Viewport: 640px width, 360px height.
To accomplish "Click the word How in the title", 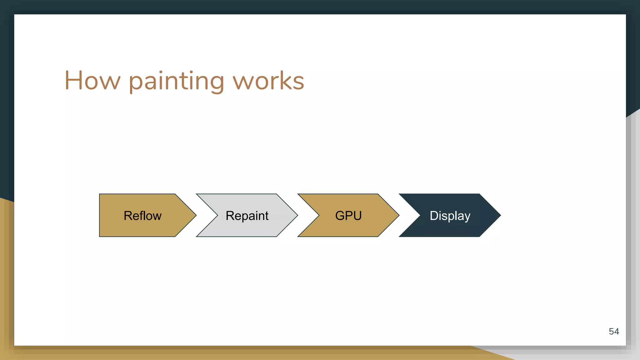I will (92, 81).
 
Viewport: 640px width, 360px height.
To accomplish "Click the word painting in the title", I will (176, 81).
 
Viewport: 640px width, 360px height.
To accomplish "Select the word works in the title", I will (268, 81).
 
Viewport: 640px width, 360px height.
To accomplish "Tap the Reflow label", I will (142, 216).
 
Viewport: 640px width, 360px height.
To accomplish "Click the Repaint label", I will (247, 216).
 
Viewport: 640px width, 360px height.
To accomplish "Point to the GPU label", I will (348, 216).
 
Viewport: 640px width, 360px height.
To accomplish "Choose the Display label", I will (450, 216).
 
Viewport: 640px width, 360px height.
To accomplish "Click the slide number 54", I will (614, 331).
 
